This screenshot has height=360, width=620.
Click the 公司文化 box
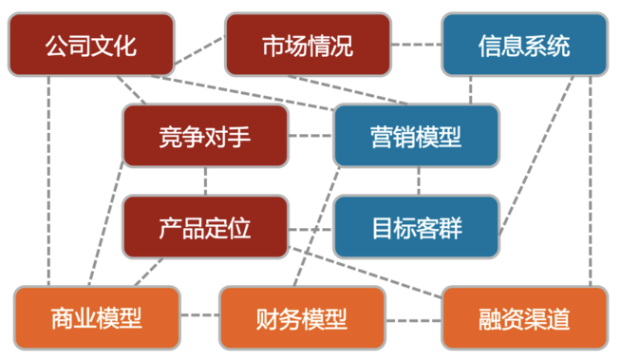91,44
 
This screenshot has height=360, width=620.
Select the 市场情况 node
308,44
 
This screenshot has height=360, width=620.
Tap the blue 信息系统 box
524,44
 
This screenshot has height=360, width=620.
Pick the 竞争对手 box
205,136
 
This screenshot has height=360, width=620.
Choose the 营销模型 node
416,136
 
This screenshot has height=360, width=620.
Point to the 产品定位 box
205,228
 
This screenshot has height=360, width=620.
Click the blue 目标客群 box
416,228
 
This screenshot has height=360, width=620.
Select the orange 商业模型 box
96,317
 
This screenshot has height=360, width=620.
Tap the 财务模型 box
302,317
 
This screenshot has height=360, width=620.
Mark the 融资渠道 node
524,317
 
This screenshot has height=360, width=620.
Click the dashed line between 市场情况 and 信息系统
416,44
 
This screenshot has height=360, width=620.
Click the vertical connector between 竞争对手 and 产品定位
206,181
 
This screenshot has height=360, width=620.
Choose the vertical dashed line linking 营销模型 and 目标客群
418,181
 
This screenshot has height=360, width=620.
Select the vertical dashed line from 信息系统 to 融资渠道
591,180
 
